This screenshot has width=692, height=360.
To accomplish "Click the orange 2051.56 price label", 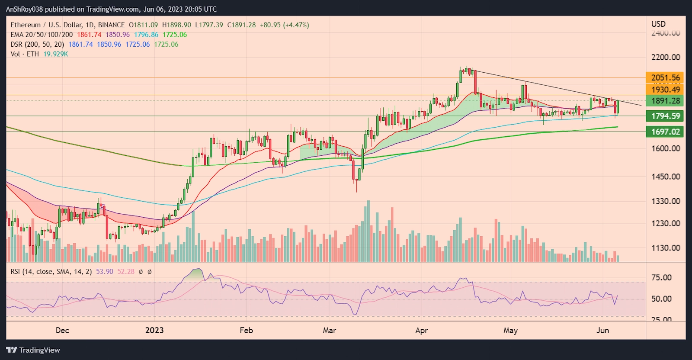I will coord(665,78).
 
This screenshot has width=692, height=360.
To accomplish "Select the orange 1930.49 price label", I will coord(665,90).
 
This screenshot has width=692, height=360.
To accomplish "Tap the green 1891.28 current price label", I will coord(665,101).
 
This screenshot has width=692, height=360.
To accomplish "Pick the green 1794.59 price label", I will coord(665,116).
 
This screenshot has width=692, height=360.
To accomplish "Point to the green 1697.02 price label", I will coord(665,132).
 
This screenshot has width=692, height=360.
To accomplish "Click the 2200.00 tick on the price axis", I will coord(666,57).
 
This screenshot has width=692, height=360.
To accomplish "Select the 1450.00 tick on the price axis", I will coord(666,177).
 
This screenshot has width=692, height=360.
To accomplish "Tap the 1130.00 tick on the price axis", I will coord(666,248).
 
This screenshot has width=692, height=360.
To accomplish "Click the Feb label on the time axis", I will coord(246,330).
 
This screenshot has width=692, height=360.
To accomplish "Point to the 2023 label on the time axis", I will coord(154,330).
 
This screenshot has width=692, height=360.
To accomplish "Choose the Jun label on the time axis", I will coord(602,330).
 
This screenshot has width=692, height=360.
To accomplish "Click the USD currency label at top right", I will coord(658,24).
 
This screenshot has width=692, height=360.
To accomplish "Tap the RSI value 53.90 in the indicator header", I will coord(105,272).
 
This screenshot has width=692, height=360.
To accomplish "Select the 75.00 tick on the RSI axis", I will coord(661,277).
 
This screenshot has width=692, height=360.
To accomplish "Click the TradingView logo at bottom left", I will coord(33,350).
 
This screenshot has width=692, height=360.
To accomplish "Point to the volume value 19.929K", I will coord(56,54).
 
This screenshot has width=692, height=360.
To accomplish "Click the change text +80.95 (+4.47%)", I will coord(284,25).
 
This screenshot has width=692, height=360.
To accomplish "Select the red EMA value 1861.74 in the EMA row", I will coord(89,35).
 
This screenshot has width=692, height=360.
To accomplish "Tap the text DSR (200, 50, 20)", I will coord(37,44).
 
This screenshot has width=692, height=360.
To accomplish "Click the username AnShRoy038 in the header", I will coord(25,9).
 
